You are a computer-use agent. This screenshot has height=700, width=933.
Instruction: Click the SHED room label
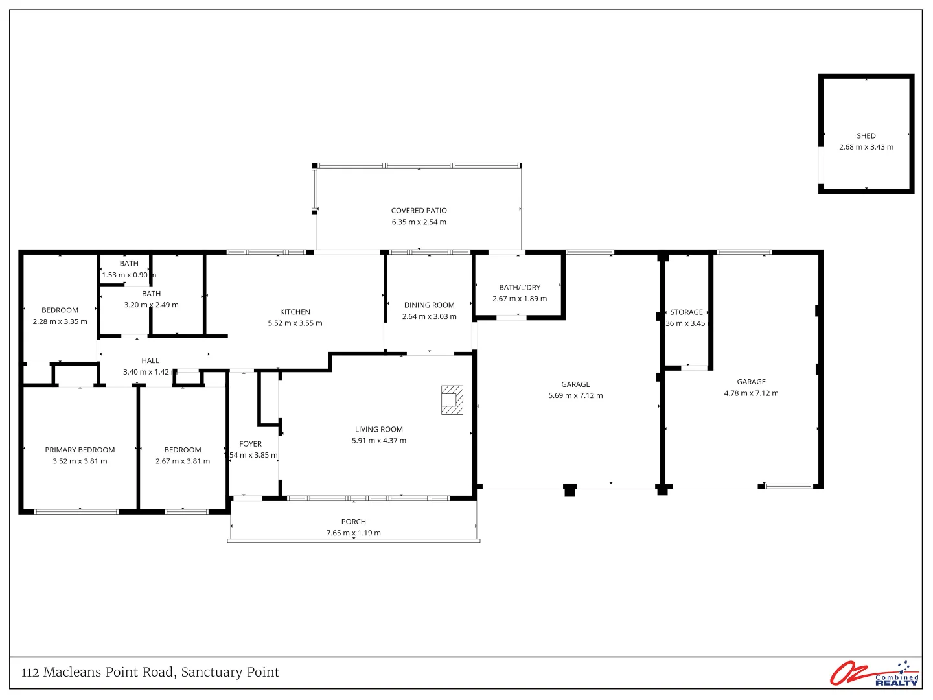tap(866, 136)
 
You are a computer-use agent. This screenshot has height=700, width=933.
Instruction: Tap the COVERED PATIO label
tap(419, 211)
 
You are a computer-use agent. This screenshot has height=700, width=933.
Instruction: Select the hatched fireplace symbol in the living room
tap(452, 400)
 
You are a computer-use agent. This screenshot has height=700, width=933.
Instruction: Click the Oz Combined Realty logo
tap(874, 673)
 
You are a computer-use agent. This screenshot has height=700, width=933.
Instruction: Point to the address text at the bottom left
tap(150, 672)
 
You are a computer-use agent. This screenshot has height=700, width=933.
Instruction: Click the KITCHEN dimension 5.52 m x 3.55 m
tap(295, 323)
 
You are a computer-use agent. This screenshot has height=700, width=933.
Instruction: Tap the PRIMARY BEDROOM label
tap(80, 450)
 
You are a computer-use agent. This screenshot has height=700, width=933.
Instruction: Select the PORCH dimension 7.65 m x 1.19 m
tap(353, 533)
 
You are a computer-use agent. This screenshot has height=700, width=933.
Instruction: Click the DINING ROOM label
tap(429, 305)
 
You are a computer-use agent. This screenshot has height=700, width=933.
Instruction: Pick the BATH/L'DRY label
tap(519, 288)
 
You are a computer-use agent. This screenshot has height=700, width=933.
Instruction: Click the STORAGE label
tap(686, 312)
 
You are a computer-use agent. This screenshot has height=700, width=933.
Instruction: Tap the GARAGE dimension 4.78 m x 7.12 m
tap(751, 393)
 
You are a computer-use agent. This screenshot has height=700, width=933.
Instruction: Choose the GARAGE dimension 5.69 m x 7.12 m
tap(575, 395)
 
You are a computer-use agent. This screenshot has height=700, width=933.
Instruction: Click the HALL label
tap(150, 361)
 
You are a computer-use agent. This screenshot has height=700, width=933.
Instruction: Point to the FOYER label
tap(250, 444)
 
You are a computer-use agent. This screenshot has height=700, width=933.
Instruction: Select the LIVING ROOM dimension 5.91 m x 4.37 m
tap(378, 441)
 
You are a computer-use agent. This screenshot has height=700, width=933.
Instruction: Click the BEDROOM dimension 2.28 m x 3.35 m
tap(60, 321)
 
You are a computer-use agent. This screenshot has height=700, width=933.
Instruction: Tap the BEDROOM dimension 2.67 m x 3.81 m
tap(182, 461)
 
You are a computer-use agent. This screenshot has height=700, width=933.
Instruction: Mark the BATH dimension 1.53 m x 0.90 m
tap(128, 275)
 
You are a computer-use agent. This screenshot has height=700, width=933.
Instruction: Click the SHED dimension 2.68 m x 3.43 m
tap(866, 147)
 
